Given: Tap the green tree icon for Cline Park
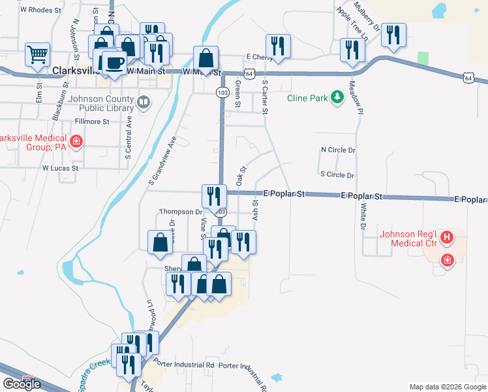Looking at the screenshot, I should click(x=337, y=98).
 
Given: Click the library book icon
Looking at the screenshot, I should click(x=143, y=102).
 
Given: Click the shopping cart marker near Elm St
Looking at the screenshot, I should click(x=38, y=54).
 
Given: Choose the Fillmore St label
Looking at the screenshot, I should click(x=92, y=122).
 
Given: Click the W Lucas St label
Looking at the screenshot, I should click(x=60, y=167).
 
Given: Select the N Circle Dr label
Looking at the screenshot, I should click(x=338, y=150).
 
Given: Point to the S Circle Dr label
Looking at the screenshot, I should click(x=337, y=175).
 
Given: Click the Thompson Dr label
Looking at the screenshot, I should click(x=181, y=212).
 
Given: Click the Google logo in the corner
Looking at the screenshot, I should click(x=21, y=384).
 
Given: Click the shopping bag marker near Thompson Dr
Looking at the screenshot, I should click(x=160, y=242).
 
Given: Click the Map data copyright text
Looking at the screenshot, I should click(x=447, y=387).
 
